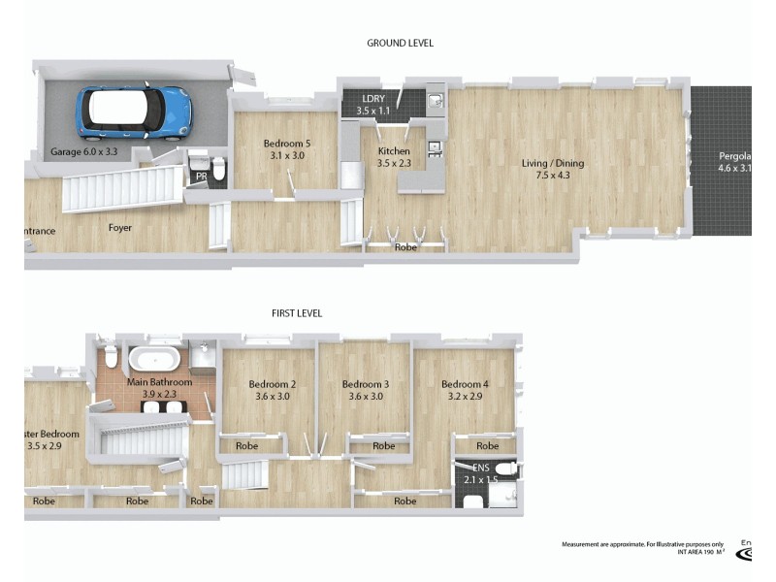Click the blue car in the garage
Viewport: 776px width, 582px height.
(134, 111)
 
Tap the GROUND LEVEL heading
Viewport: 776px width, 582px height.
(400, 43)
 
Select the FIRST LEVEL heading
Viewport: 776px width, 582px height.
(297, 313)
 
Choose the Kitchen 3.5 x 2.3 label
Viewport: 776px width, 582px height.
(395, 157)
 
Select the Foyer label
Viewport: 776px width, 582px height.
(120, 228)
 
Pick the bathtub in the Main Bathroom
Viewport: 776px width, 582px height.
(156, 359)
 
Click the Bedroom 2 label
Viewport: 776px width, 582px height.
(273, 389)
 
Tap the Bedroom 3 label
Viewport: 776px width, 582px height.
(366, 389)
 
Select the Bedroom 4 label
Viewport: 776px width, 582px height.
(465, 389)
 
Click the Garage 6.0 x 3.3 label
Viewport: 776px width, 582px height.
(82, 153)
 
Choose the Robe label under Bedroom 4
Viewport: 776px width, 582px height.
(489, 446)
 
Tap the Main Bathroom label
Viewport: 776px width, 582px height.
(159, 388)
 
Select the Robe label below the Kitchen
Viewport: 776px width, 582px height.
(404, 247)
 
